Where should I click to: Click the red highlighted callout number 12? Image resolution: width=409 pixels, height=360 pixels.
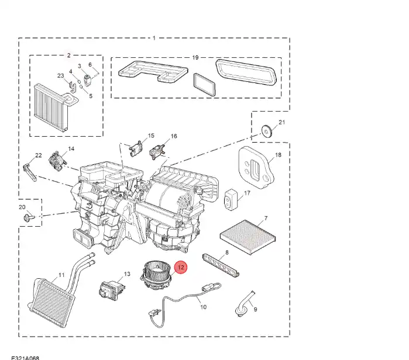point(181,268)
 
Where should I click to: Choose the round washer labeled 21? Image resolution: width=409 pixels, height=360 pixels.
point(267,130)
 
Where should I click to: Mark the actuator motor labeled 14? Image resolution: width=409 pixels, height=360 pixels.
point(59,158)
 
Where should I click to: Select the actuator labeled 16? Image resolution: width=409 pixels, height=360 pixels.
point(158,150)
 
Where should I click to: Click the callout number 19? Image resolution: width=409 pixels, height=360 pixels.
point(195,57)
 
